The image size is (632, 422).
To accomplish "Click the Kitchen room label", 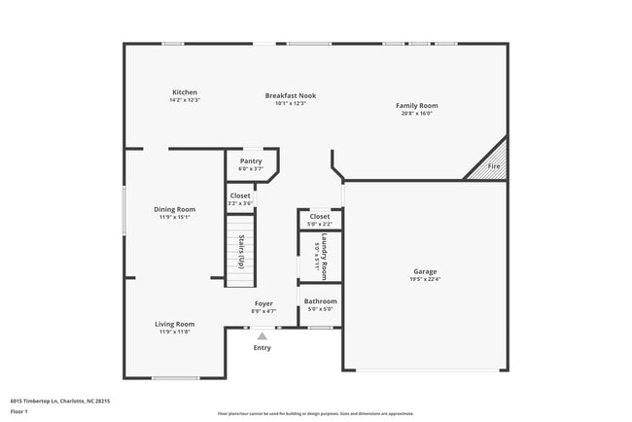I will (184, 92).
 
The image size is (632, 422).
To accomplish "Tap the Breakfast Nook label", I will (291, 95).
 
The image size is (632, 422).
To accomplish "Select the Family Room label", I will (416, 105).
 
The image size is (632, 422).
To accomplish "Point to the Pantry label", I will (251, 161).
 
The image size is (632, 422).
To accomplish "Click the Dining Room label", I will (174, 209).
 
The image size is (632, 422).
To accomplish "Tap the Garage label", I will (425, 271).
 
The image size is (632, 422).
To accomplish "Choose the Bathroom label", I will (320, 301).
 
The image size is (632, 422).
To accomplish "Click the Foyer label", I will (263, 303).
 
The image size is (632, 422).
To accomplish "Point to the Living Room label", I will (174, 324).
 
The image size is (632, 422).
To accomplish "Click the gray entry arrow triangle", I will (262, 336).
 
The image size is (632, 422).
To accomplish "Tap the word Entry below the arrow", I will (263, 348).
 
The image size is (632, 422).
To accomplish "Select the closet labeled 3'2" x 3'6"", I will (240, 203).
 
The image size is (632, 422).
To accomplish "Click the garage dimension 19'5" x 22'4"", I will (425, 279).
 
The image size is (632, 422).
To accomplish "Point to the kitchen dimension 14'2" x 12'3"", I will (184, 101).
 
